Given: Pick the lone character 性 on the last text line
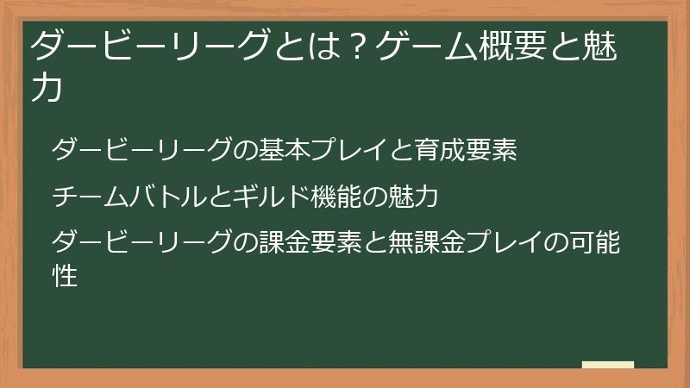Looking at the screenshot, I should click(x=65, y=276).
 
